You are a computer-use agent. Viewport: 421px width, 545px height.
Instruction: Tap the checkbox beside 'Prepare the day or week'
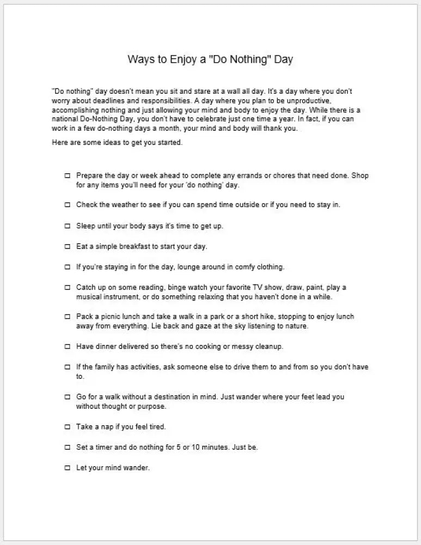point(68,176)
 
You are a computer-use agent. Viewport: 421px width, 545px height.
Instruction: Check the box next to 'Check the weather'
point(68,205)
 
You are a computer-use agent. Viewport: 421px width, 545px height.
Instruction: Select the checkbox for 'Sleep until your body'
point(68,226)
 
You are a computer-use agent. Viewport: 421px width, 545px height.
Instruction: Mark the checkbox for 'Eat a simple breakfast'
point(68,246)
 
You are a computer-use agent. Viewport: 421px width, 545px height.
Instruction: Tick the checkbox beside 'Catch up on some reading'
point(68,287)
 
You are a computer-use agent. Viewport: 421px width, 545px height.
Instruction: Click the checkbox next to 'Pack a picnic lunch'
point(68,317)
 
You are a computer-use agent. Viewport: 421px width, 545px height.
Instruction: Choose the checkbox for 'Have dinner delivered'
point(68,346)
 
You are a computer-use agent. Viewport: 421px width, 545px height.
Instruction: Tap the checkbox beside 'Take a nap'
point(68,426)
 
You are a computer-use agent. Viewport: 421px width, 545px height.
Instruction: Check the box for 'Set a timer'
point(68,447)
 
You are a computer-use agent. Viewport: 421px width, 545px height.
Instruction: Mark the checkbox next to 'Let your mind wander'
point(68,468)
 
